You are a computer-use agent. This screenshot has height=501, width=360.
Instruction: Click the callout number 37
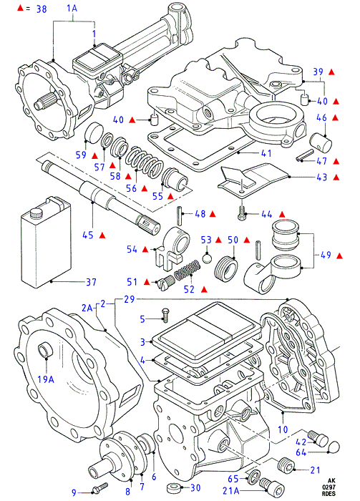click(x=91, y=282)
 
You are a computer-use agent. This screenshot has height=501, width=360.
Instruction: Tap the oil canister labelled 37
click(x=46, y=242)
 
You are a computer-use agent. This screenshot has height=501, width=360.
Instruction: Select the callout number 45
click(x=87, y=235)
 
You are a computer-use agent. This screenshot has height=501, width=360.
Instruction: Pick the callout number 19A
click(x=46, y=379)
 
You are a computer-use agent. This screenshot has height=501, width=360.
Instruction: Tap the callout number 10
click(x=283, y=429)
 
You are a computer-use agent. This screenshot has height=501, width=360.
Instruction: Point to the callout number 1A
click(x=72, y=8)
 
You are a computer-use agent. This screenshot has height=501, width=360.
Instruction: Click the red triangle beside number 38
click(x=21, y=9)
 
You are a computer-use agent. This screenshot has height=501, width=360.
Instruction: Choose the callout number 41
click(x=266, y=153)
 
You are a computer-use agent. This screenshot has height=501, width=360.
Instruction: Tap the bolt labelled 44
click(x=243, y=213)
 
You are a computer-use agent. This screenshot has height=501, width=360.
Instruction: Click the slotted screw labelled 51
click(x=166, y=282)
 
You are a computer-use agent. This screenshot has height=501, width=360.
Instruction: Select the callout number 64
click(x=301, y=452)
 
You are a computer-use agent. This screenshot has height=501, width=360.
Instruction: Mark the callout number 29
click(x=129, y=300)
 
